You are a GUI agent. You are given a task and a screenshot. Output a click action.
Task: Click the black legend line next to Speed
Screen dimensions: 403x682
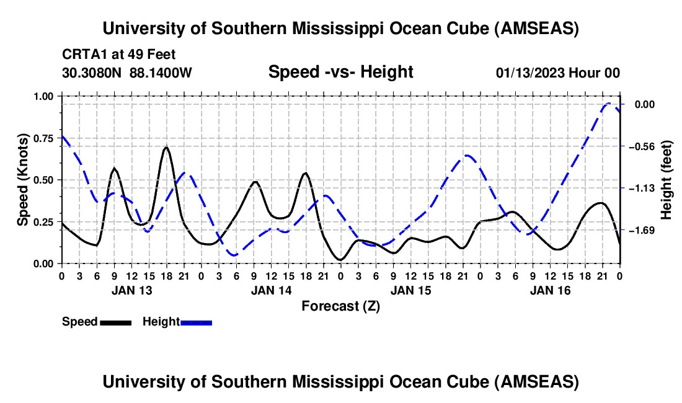(115, 322)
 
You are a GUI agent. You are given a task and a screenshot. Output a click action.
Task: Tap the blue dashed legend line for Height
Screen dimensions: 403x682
(196, 322)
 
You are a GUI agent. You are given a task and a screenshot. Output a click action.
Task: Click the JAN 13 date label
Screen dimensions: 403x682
(131, 290)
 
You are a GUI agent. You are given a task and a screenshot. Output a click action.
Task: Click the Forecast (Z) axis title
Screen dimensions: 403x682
(340, 306)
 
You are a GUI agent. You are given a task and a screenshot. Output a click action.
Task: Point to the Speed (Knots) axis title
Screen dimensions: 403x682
(23, 180)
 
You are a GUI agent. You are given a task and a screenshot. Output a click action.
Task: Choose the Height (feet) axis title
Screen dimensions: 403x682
(667, 180)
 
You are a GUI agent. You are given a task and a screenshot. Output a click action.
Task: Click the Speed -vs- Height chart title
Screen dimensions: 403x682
(340, 72)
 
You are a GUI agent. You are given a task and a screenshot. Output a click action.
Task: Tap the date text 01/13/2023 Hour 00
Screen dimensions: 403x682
(557, 73)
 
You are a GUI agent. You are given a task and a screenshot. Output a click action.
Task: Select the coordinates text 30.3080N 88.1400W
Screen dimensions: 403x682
(127, 73)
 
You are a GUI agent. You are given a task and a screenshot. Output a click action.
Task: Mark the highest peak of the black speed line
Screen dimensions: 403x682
(166, 147)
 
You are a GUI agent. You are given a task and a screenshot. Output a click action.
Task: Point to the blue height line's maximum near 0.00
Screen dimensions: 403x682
(609, 104)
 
